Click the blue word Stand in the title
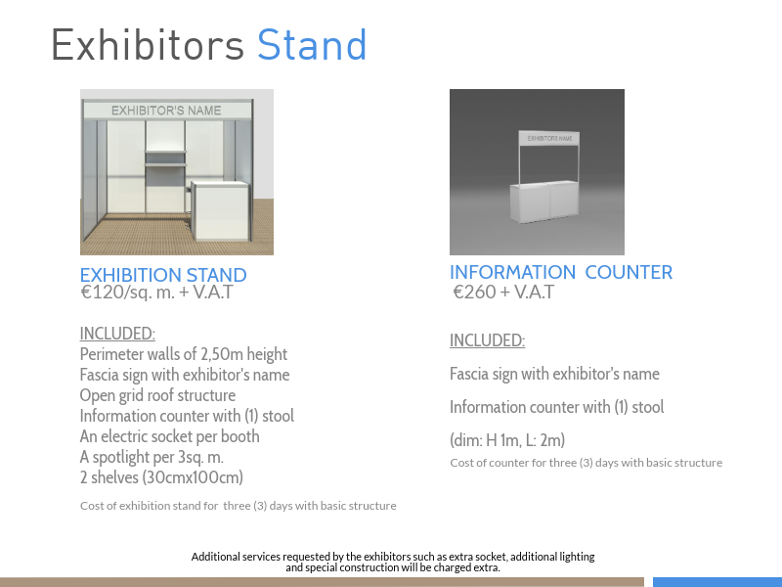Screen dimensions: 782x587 click(x=312, y=45)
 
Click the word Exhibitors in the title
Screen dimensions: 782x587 click(x=149, y=45)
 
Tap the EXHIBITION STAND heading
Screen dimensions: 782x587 click(x=163, y=275)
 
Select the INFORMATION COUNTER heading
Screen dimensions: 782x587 click(x=561, y=273)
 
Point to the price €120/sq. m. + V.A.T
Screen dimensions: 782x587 click(x=156, y=292)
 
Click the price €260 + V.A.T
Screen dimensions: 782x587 click(x=503, y=292)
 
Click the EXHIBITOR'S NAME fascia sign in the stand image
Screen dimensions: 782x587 click(x=166, y=111)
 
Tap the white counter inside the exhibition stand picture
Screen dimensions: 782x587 click(x=220, y=210)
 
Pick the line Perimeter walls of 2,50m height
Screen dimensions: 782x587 click(x=184, y=354)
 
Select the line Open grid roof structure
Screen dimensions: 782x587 click(x=157, y=395)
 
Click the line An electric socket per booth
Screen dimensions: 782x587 click(x=169, y=436)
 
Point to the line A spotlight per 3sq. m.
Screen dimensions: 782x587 click(x=152, y=457)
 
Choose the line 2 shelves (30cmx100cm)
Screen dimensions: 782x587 click(x=161, y=477)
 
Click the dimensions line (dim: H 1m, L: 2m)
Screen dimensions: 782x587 click(x=507, y=440)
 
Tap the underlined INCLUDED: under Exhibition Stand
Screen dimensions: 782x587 click(x=117, y=334)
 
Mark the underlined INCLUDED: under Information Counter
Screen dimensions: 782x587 click(x=487, y=340)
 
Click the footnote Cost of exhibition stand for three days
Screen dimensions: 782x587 click(x=239, y=506)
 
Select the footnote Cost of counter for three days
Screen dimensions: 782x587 click(x=586, y=463)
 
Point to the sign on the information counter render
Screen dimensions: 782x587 click(x=549, y=138)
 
